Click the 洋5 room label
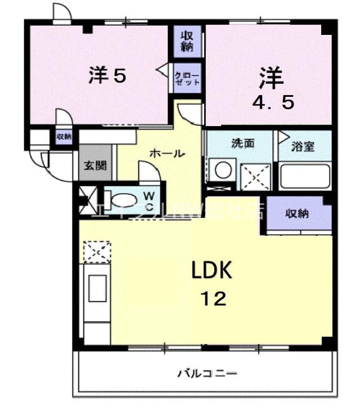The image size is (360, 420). pyautogui.click(x=106, y=76)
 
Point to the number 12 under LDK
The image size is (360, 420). pyautogui.click(x=212, y=298)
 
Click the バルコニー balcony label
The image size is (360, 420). pyautogui.click(x=208, y=373)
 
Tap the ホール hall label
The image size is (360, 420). pyautogui.click(x=166, y=153)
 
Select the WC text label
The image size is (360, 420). pyautogui.click(x=150, y=201)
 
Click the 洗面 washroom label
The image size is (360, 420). pyautogui.click(x=243, y=144)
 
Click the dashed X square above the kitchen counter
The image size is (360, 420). pyautogui.click(x=96, y=251)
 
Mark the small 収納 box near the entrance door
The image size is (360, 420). pyautogui.click(x=64, y=136)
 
